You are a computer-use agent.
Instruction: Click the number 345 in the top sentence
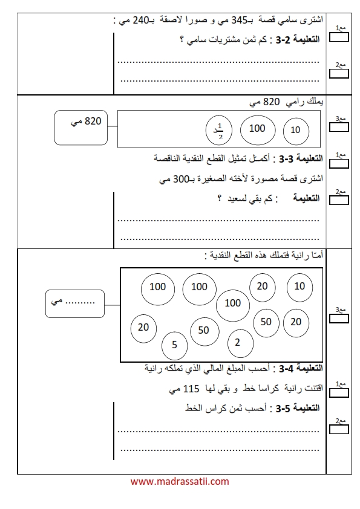click(240, 21)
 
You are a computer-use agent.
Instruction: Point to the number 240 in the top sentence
click(141, 21)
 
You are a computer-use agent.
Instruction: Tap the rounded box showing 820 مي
click(81, 128)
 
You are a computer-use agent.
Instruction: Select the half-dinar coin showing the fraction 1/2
click(219, 130)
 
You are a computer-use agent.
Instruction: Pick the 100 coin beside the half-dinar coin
click(258, 129)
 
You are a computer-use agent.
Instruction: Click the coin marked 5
click(174, 346)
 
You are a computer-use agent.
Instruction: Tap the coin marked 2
click(240, 343)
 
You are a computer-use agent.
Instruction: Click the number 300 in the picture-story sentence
click(181, 179)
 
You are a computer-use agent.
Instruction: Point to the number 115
click(191, 389)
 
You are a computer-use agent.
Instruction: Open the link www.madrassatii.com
click(180, 481)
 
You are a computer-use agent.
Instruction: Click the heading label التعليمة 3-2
click(298, 40)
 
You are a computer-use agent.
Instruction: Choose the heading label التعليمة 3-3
click(301, 159)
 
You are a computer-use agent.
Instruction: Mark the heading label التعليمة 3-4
click(301, 368)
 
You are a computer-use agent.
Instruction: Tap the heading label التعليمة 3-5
click(298, 408)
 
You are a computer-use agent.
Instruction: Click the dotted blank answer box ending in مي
click(75, 304)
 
